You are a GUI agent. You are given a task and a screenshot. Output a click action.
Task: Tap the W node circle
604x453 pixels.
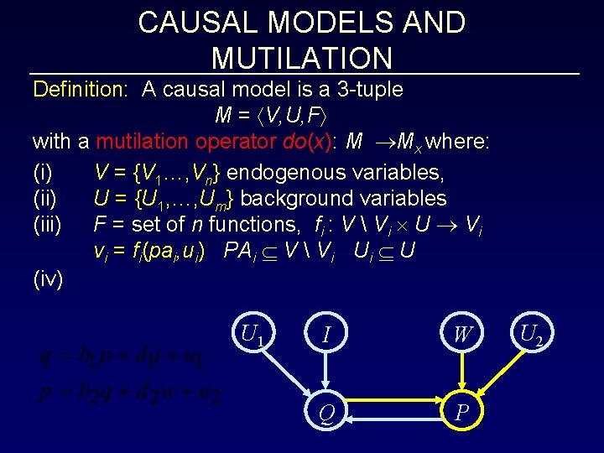pos(462,335)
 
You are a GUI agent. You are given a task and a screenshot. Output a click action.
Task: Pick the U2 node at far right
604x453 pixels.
pos(530,335)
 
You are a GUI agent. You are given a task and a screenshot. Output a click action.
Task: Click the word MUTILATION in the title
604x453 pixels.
pos(302,58)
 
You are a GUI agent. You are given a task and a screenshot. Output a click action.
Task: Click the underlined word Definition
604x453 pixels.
pos(79,89)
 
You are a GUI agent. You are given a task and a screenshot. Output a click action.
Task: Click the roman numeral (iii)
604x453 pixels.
pos(48,224)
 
